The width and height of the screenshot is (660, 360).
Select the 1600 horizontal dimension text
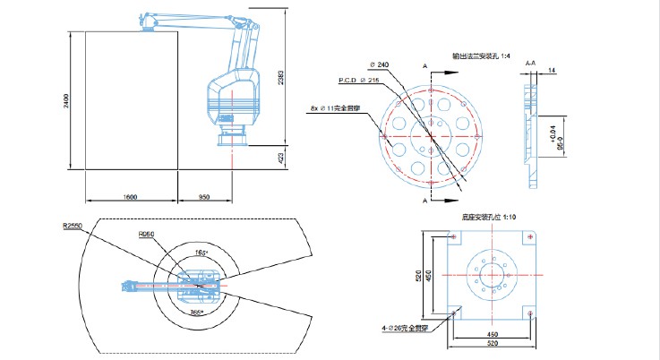tap(129, 195)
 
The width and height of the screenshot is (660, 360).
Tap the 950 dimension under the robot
tap(203, 195)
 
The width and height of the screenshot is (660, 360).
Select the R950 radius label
tap(147, 235)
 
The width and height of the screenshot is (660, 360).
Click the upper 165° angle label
tap(201, 253)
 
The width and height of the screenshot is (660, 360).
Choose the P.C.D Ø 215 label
tap(358, 80)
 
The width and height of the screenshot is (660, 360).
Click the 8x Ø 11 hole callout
tap(332, 107)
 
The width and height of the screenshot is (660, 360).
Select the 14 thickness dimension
tap(551, 69)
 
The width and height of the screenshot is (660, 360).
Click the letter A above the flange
tap(424, 66)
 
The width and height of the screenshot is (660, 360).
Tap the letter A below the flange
tap(424, 202)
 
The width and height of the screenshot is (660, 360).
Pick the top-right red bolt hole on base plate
tap(531, 236)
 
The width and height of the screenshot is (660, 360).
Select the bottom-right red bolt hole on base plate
tap(531, 311)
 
